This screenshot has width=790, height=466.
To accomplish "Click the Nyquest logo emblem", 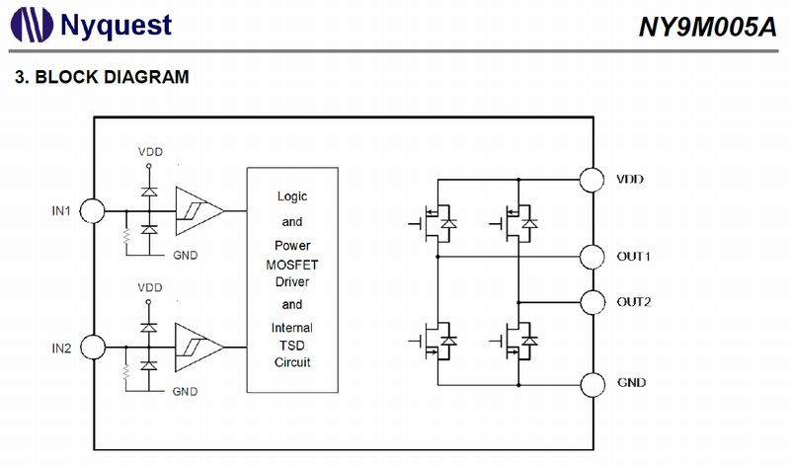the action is click(x=32, y=25).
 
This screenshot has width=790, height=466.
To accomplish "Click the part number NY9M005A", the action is click(x=708, y=27).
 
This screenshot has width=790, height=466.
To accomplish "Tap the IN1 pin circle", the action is click(x=93, y=210).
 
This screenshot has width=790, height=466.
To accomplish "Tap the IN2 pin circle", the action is click(x=93, y=348).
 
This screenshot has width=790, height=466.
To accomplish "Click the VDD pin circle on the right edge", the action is click(x=592, y=180).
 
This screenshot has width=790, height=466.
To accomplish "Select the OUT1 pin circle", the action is click(x=592, y=257).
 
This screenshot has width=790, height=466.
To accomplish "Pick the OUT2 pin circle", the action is click(x=592, y=302).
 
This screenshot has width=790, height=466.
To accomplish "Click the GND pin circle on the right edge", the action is click(x=592, y=385).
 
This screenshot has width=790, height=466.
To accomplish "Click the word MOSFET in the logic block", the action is click(x=292, y=265).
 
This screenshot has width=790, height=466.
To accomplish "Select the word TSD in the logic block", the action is click(x=292, y=346).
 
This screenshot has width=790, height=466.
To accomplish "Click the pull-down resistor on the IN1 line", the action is click(x=126, y=236).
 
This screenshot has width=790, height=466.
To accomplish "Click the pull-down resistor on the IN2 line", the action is click(x=126, y=372).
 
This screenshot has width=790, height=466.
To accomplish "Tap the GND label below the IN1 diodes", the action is click(x=185, y=256).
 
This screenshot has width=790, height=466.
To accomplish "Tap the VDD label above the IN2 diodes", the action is click(x=150, y=287).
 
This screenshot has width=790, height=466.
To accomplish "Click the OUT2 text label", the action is click(x=634, y=302).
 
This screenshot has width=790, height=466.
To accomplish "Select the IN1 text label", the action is click(x=61, y=211).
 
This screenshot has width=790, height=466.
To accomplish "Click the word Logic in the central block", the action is click(x=292, y=196).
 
